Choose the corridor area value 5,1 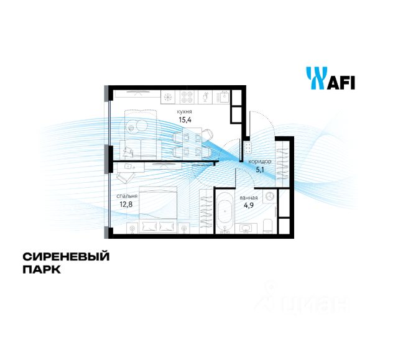[x=261, y=168]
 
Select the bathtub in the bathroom [x=223, y=213]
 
